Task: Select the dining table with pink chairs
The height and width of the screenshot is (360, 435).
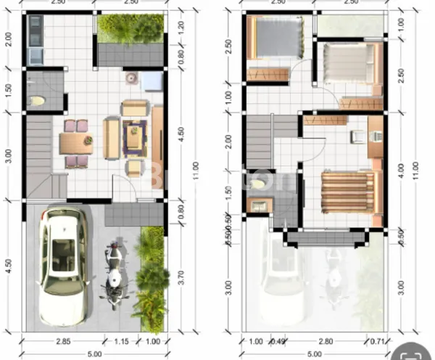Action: (75, 143)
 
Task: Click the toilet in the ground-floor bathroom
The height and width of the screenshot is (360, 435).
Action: (39, 99)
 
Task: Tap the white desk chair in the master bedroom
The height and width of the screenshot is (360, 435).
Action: (357, 136)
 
